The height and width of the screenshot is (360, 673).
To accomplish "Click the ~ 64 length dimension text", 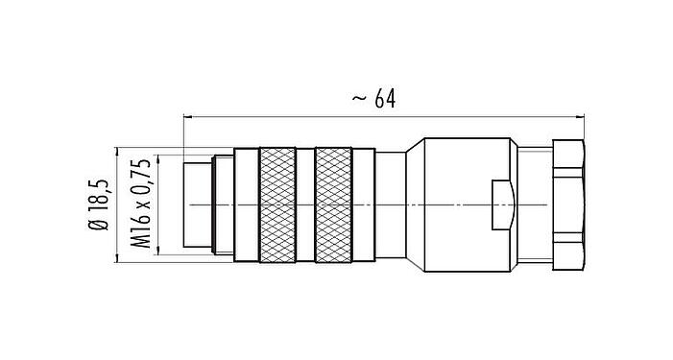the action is [x=373, y=99].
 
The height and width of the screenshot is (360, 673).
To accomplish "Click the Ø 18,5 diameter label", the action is [x=99, y=204].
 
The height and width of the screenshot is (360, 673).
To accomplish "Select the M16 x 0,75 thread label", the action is [x=141, y=204].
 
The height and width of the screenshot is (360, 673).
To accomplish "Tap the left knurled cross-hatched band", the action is [x=277, y=205].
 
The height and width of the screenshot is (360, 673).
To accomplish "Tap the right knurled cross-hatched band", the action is [x=333, y=205].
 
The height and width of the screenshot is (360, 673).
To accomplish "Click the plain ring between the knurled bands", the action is [x=305, y=205].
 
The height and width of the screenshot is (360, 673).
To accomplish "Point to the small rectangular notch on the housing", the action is [x=503, y=205].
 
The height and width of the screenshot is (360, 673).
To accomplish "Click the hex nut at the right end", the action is [x=568, y=205].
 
